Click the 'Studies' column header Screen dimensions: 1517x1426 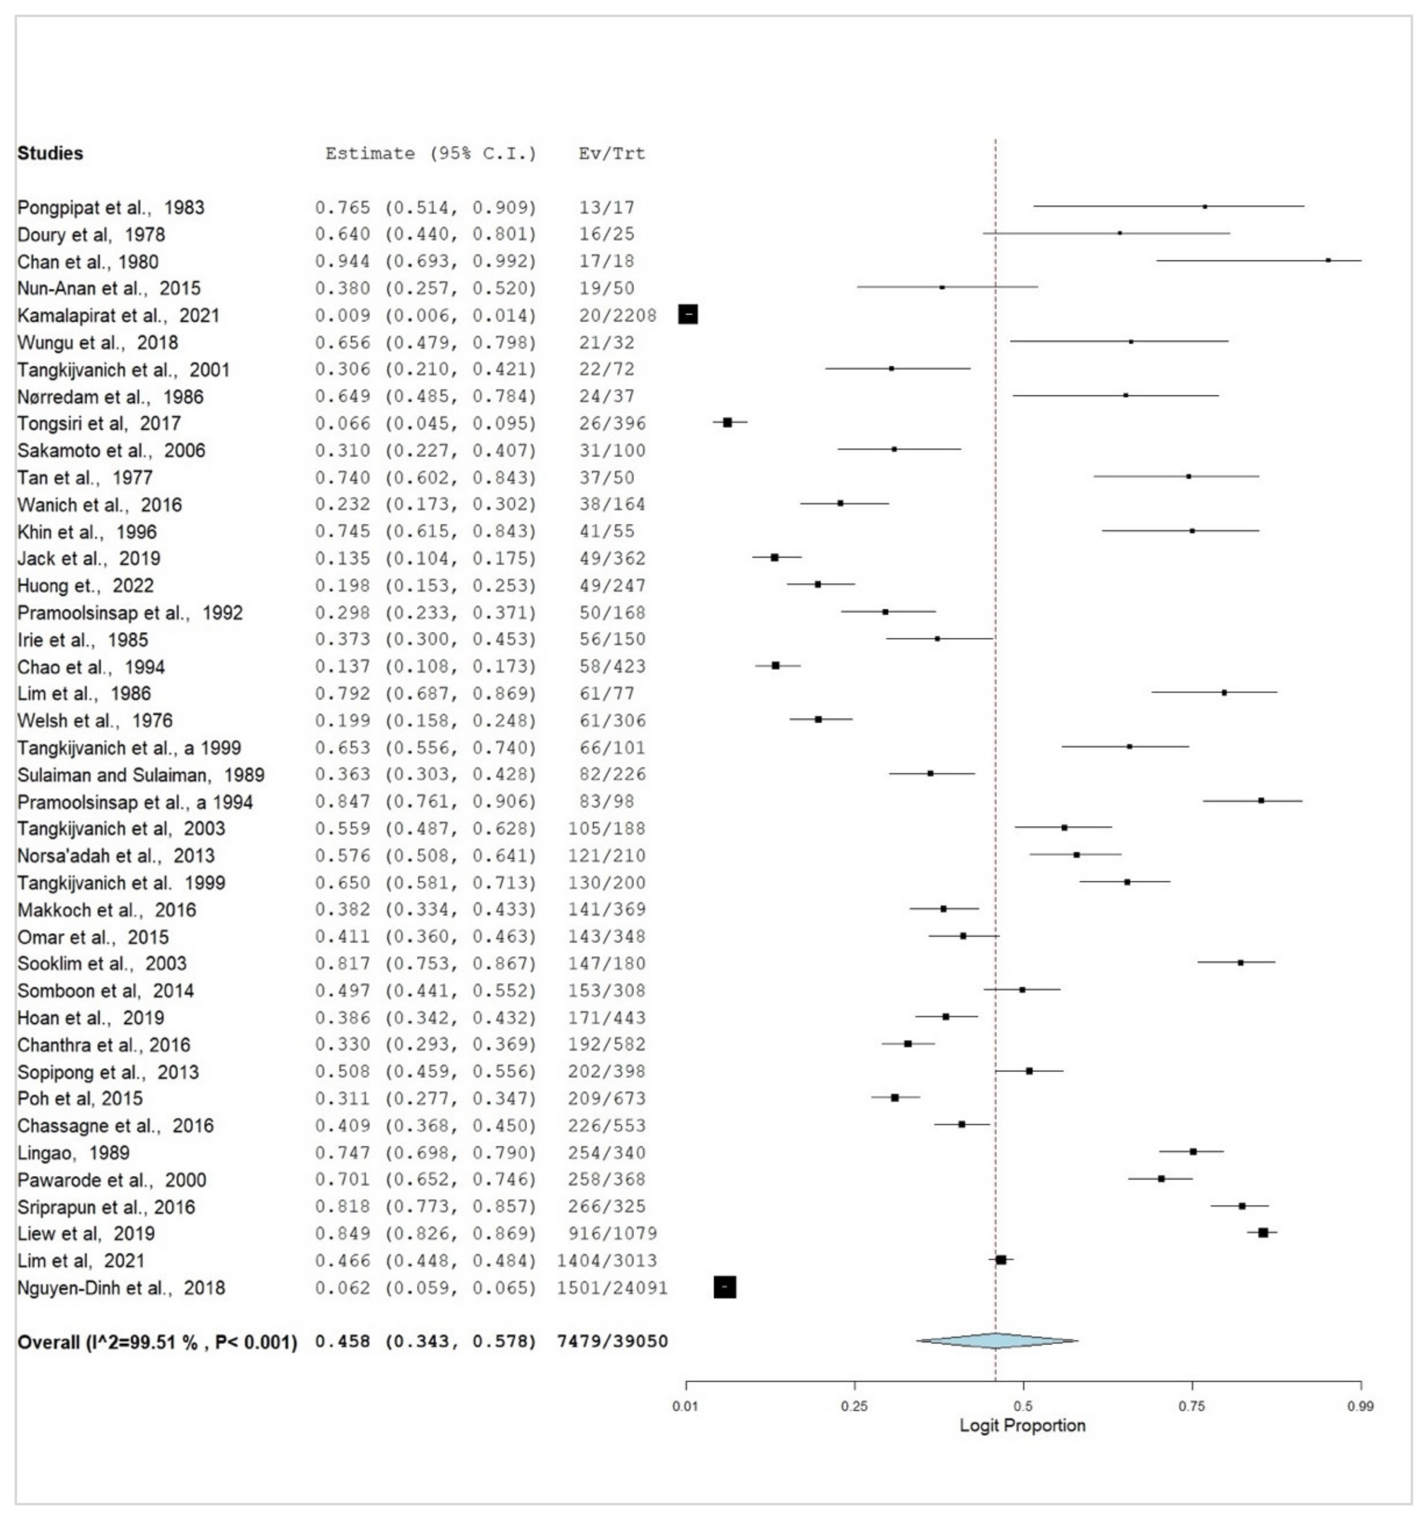(51, 153)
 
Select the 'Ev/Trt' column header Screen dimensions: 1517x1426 (611, 153)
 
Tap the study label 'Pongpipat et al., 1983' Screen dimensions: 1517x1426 (111, 207)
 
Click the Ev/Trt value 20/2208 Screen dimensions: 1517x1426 (617, 315)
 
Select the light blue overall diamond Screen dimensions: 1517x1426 (997, 1341)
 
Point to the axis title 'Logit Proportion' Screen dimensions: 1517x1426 (1022, 1425)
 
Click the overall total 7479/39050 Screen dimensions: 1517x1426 (613, 1341)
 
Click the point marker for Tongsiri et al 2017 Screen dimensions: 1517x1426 (727, 423)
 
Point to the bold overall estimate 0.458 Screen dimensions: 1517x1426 (343, 1341)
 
